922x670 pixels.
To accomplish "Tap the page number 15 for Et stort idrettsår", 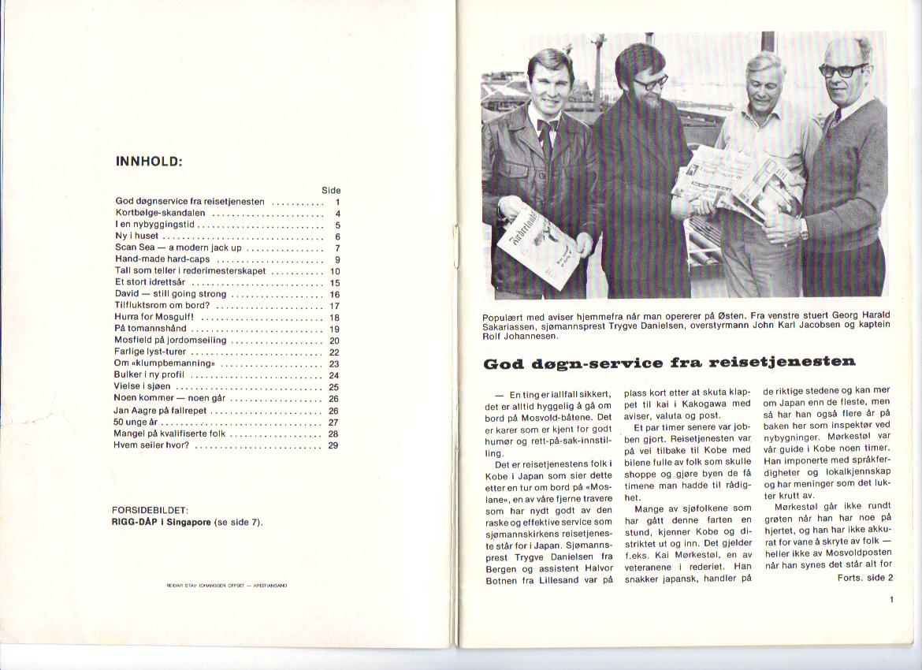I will click(x=334, y=282).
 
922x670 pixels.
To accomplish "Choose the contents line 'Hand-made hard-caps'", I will click(x=162, y=259).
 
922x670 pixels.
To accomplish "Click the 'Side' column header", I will click(x=331, y=191).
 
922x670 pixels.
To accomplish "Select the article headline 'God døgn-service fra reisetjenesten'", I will click(x=669, y=363).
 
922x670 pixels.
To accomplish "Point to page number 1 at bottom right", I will click(x=890, y=600).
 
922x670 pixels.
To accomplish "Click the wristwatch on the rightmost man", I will click(x=803, y=229).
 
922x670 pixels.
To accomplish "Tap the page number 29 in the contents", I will click(x=333, y=445).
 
